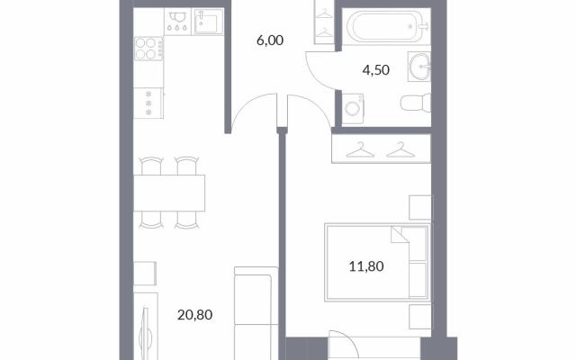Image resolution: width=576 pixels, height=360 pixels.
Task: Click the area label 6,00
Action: click(270, 40)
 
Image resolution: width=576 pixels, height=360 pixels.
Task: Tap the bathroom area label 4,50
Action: click(376, 70)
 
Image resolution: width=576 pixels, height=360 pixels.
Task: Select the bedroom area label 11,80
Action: click(366, 266)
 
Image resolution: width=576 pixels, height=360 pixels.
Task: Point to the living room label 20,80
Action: click(194, 315)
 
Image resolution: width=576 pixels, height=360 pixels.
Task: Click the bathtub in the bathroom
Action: click(386, 26)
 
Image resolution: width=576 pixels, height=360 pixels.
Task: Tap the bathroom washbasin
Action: click(419, 67)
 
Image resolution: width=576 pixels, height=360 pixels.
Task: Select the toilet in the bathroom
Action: click(416, 103)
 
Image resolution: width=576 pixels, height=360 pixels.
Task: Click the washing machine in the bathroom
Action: click(353, 109)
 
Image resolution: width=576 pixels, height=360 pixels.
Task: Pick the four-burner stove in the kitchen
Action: click(148, 48)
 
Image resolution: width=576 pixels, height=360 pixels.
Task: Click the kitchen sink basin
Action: click(208, 22)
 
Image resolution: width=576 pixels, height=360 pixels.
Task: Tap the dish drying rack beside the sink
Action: click(177, 22)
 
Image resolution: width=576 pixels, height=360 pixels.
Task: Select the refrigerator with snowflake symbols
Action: click(148, 103)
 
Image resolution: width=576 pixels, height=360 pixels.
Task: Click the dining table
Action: click(169, 193)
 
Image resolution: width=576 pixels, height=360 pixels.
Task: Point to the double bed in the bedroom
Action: click(377, 262)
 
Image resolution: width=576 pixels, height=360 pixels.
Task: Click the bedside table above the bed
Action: click(420, 208)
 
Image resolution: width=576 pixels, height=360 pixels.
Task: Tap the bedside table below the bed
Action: click(420, 317)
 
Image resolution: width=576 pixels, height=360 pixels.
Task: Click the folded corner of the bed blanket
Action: click(399, 235)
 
